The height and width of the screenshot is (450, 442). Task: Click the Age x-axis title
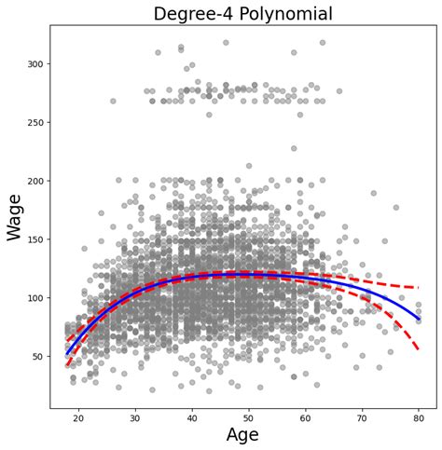[242, 435]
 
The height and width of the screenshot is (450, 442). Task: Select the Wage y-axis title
[16, 216]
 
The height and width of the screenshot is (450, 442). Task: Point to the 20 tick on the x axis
[77, 418]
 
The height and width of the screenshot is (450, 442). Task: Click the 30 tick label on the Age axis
[134, 418]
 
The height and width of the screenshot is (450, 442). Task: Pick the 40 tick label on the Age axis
[191, 418]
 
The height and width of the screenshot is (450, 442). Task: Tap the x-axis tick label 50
[248, 418]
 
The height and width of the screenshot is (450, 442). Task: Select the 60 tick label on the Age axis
[305, 418]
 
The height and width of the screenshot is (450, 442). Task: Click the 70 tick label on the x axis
[362, 418]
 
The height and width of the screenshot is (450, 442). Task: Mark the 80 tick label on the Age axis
[419, 418]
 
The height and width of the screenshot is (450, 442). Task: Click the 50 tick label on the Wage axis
[37, 357]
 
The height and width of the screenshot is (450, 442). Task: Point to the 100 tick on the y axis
[35, 298]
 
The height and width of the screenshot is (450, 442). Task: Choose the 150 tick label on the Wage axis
[35, 239]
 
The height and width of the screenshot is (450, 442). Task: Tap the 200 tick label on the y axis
[35, 181]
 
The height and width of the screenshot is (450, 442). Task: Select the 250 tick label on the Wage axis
[35, 122]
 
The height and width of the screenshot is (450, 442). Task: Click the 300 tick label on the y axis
[35, 63]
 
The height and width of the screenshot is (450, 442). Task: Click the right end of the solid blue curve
[419, 320]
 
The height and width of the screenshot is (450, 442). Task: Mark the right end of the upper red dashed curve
[419, 287]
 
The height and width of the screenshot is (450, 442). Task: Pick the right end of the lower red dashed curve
[419, 351]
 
